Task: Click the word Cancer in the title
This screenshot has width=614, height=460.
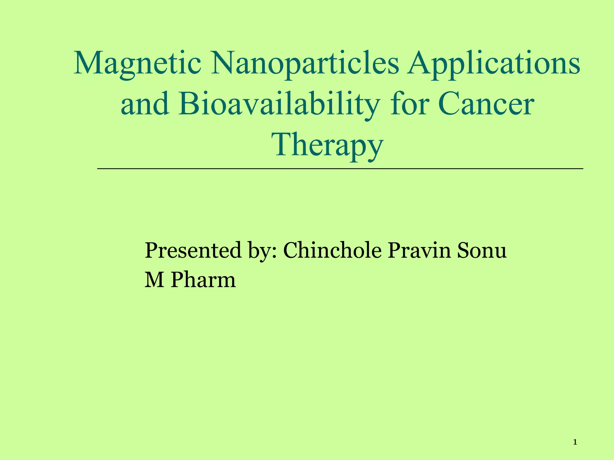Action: [486, 105]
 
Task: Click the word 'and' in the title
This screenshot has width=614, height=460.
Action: [145, 105]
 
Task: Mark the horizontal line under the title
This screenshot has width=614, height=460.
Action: [340, 169]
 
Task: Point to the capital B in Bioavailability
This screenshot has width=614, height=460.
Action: [189, 105]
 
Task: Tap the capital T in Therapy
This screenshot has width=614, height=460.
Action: [284, 145]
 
